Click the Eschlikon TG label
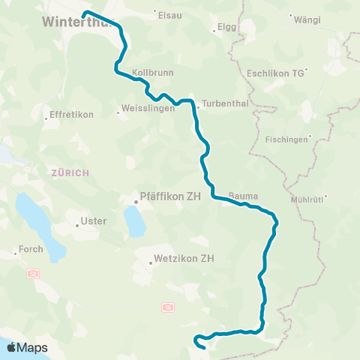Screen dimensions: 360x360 point(275,73)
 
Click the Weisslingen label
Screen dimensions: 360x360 point(148,107)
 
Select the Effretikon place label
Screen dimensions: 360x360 point(69,115)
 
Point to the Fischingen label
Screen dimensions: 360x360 point(288,139)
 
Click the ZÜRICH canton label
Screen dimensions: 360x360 point(70,172)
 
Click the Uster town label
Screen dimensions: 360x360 point(94,221)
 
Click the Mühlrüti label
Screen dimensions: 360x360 point(306,199)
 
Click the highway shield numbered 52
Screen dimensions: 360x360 point(32,273)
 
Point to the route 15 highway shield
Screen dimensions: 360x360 point(167,307)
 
